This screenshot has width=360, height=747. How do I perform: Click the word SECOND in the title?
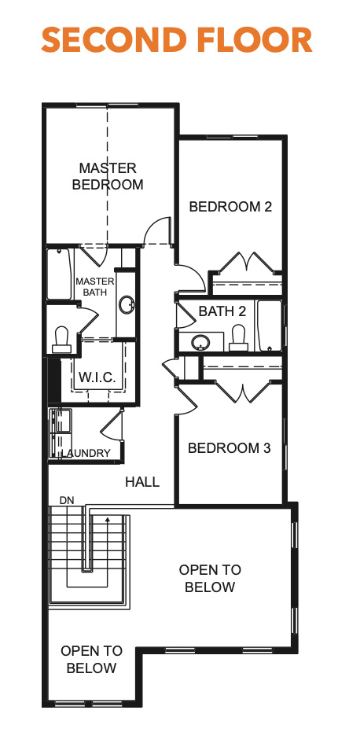[113, 40]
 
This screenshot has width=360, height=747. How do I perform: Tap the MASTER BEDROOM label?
[108, 176]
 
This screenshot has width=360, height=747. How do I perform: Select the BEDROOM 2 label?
[230, 207]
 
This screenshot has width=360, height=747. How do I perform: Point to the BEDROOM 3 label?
[230, 448]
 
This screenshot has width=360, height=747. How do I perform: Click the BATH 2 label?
[222, 311]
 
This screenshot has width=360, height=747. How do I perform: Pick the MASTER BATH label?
[95, 286]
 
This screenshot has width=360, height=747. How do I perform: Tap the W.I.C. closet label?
[97, 377]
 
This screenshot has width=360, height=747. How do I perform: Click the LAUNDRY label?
[86, 454]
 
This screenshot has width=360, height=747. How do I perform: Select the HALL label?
[142, 482]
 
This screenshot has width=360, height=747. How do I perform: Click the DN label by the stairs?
[66, 501]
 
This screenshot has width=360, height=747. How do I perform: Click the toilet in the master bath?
[61, 339]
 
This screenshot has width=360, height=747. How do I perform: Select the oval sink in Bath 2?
[200, 342]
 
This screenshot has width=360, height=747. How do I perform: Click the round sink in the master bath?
[127, 305]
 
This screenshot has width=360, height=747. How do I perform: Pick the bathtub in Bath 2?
[269, 326]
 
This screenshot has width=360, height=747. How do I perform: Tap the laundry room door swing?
[112, 424]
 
